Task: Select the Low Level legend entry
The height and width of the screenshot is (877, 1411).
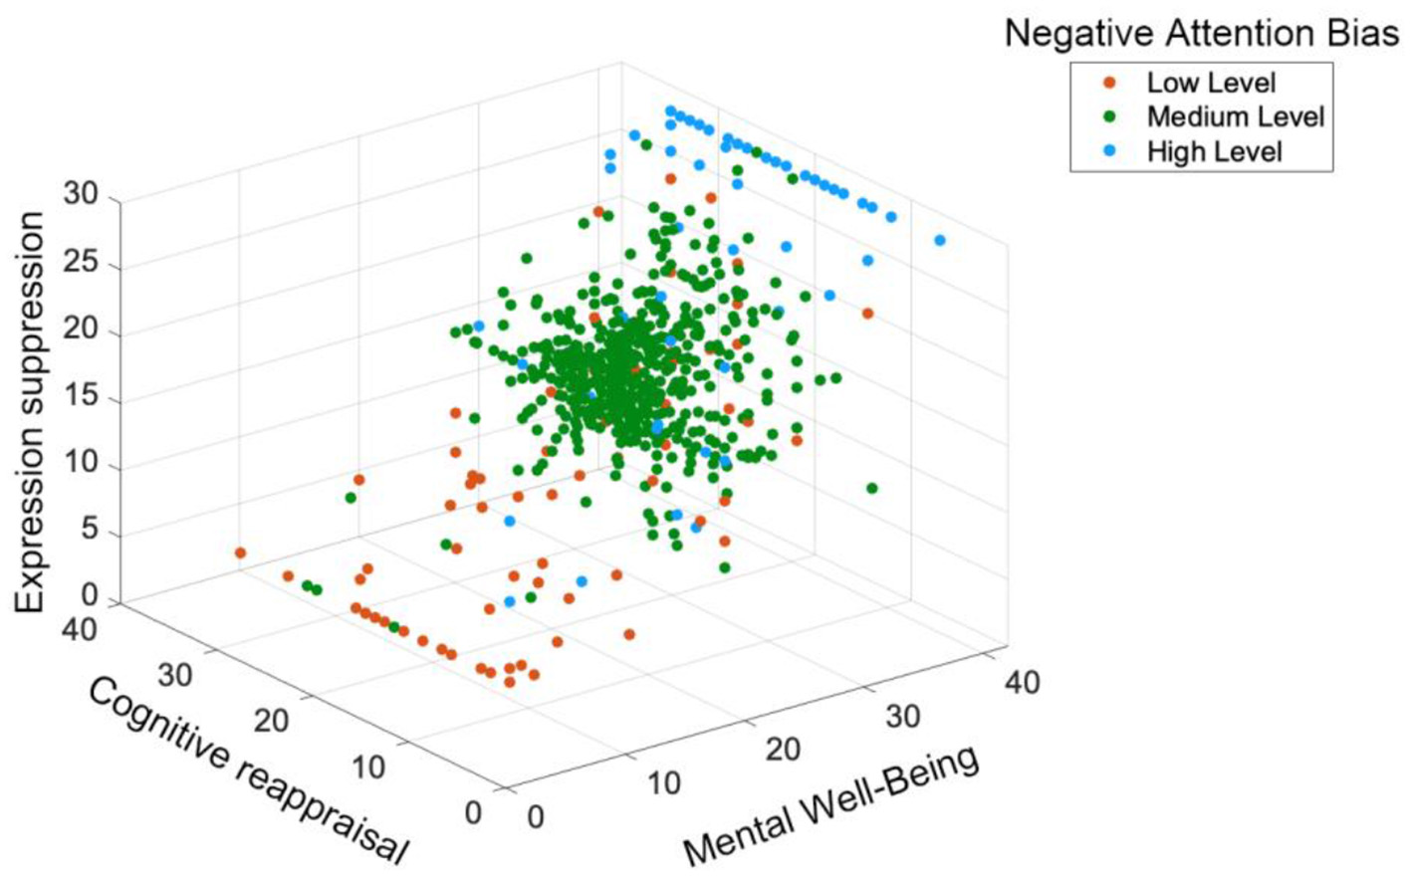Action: (1211, 84)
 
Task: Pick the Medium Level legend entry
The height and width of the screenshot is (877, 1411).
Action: (1235, 117)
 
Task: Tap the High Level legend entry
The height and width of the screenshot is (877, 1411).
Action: (1214, 152)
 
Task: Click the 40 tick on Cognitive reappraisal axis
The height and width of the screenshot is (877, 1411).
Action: (79, 630)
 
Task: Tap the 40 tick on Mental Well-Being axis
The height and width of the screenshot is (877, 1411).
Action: (1021, 683)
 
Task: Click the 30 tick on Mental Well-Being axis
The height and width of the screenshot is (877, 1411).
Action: (902, 716)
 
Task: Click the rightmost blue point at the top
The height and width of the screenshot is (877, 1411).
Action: (939, 240)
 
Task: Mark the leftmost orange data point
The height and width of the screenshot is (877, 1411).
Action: (240, 552)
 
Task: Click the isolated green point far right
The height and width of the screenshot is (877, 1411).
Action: (872, 488)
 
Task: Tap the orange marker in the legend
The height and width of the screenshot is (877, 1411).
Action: (1109, 84)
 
